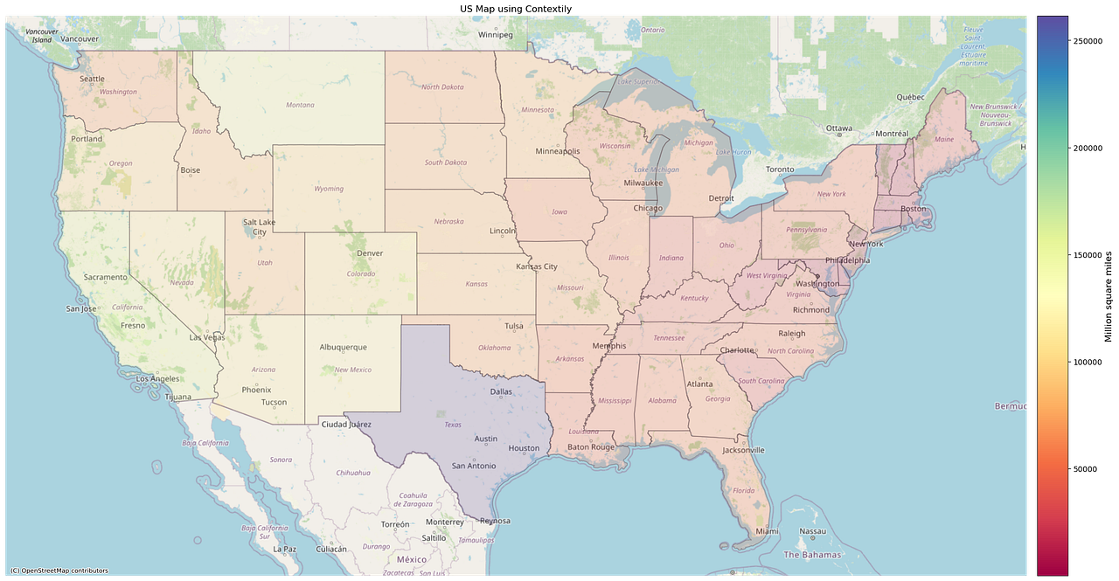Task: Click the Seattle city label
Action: [x=92, y=79]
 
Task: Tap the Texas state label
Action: [x=453, y=425]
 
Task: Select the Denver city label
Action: [x=370, y=253]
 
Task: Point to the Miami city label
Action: [x=768, y=531]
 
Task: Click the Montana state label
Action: [x=300, y=105]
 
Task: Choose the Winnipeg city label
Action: [x=495, y=35]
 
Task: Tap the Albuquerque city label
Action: [x=343, y=347]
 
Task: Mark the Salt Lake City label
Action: [x=261, y=227]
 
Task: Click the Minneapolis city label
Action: [x=558, y=150]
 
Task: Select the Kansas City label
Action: [x=537, y=266]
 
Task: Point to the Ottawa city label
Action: [x=838, y=128]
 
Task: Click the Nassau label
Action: [x=812, y=531]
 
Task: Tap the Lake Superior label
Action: [x=636, y=82]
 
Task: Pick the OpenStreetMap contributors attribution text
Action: [x=59, y=571]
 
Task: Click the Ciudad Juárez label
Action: [x=346, y=425]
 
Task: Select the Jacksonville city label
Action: [x=743, y=450]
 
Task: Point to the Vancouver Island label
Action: [x=40, y=36]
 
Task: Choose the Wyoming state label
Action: [x=329, y=189]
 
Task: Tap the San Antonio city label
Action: [x=474, y=466]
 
